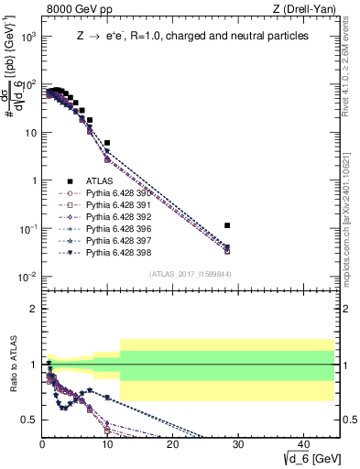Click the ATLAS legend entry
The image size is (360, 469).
tap(100, 181)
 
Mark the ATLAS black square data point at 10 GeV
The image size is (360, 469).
tap(107, 143)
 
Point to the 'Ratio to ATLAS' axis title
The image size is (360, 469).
tap(12, 364)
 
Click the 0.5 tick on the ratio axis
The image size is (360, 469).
tap(30, 420)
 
